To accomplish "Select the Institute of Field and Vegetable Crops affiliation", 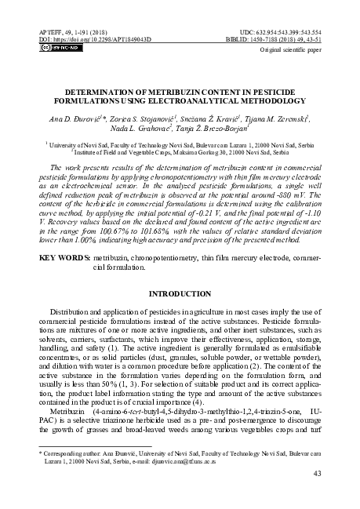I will click(x=180, y=152).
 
